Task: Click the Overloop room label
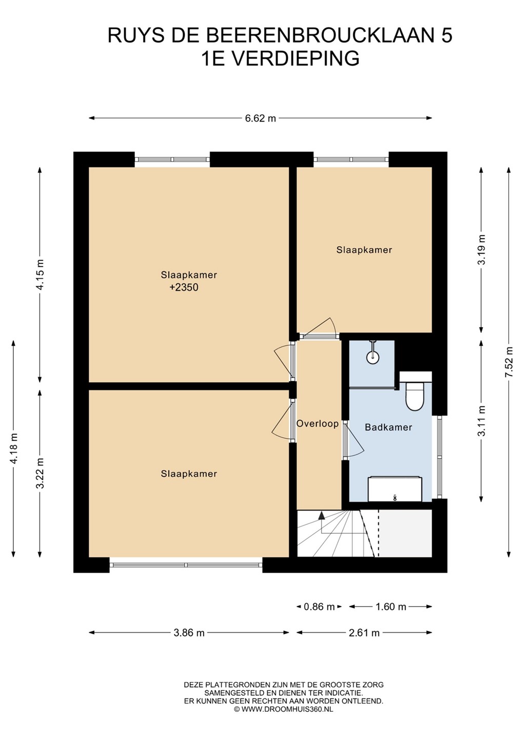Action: coord(317,423)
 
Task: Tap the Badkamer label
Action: coord(388,427)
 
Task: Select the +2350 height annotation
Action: coord(184,287)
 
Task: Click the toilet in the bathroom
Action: coord(414,396)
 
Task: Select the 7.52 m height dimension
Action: coord(509,362)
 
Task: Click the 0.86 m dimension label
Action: coord(319,607)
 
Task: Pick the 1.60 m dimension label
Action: coord(390,607)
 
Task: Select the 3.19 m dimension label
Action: coord(482,249)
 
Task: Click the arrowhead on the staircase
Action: coord(322,516)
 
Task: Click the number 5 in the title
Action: coord(447,35)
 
